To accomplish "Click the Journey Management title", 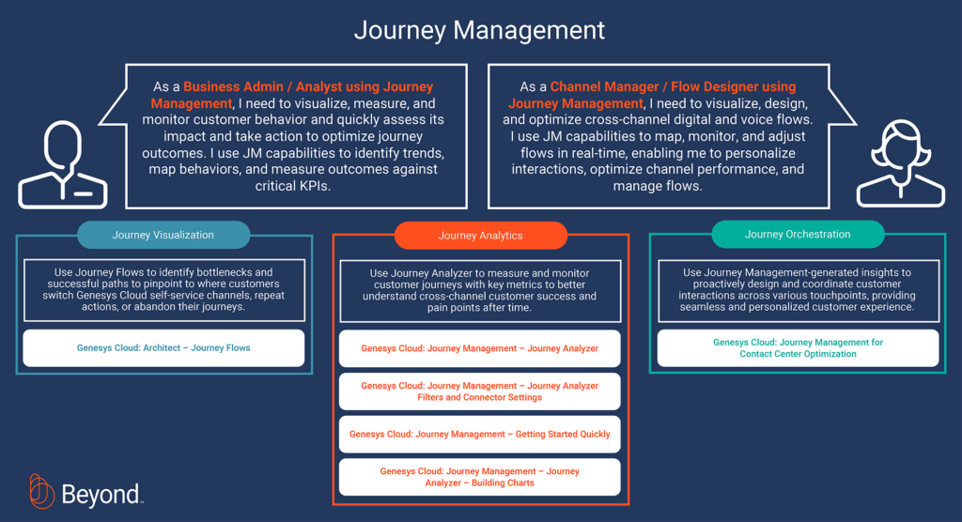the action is pyautogui.click(x=479, y=30).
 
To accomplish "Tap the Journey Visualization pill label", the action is pyautogui.click(x=163, y=235).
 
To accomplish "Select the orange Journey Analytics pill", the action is pyautogui.click(x=480, y=236).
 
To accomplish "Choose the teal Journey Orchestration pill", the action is pyautogui.click(x=798, y=235).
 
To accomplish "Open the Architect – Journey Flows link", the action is pyautogui.click(x=163, y=347).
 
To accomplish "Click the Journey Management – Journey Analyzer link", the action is pyautogui.click(x=480, y=348).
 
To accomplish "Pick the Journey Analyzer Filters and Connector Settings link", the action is pyautogui.click(x=480, y=391).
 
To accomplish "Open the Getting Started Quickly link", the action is pyautogui.click(x=480, y=435).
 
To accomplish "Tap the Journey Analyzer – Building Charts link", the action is pyautogui.click(x=480, y=477).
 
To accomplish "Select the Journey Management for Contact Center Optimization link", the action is pyautogui.click(x=798, y=347).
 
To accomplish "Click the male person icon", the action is pyautogui.click(x=63, y=164).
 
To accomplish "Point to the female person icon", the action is pyautogui.click(x=901, y=163).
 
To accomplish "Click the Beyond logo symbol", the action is pyautogui.click(x=41, y=491).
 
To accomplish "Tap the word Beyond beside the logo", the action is pyautogui.click(x=101, y=495).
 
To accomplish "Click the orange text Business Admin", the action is pyautogui.click(x=233, y=87).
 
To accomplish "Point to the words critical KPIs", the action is pyautogui.click(x=293, y=186).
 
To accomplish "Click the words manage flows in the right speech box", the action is pyautogui.click(x=658, y=186).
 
